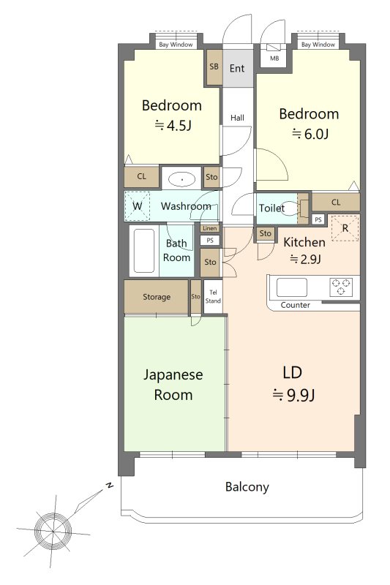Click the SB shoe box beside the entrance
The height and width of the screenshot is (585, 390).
pyautogui.click(x=214, y=67)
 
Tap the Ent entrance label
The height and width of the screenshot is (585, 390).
pyautogui.click(x=237, y=68)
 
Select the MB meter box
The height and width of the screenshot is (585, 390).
pyautogui.click(x=274, y=56)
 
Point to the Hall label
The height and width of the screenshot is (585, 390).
pyautogui.click(x=237, y=118)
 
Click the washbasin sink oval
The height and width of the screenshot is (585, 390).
pyautogui.click(x=182, y=180)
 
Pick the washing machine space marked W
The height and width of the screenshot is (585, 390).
pyautogui.click(x=137, y=206)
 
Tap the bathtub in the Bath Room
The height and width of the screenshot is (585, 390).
pyautogui.click(x=144, y=251)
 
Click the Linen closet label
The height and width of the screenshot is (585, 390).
pyautogui.click(x=210, y=228)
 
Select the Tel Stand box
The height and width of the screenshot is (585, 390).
pyautogui.click(x=213, y=297)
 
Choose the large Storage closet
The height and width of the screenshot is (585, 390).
pyautogui.click(x=157, y=297)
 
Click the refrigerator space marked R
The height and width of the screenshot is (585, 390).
pyautogui.click(x=345, y=228)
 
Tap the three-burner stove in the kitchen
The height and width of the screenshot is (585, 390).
pyautogui.click(x=340, y=287)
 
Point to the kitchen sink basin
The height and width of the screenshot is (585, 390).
pyautogui.click(x=291, y=287)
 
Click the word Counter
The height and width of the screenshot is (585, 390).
pyautogui.click(x=295, y=305)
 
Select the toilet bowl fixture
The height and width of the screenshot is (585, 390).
pyautogui.click(x=302, y=208)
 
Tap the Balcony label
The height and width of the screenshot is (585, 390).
pyautogui.click(x=247, y=487)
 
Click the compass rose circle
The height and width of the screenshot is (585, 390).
pyautogui.click(x=53, y=531)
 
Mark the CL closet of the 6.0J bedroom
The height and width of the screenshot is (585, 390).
pyautogui.click(x=336, y=203)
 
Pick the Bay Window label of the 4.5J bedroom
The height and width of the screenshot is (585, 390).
pyautogui.click(x=176, y=45)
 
